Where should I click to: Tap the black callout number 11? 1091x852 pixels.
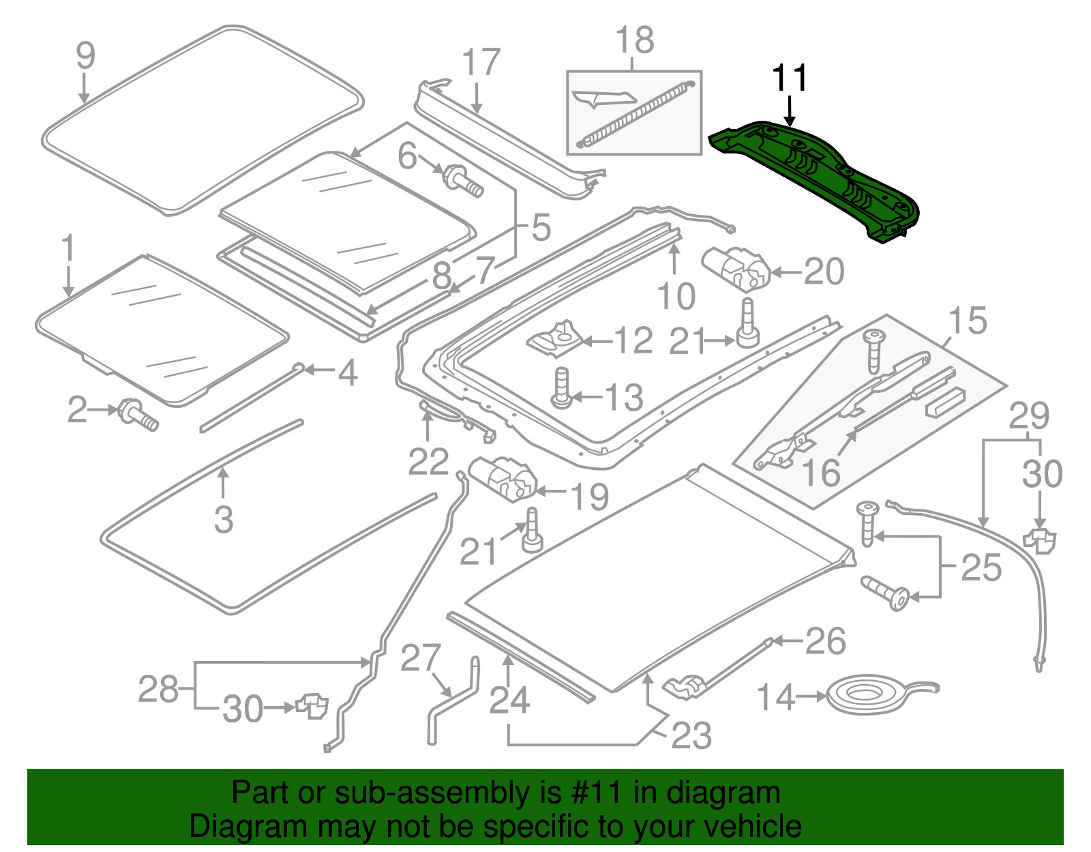pos(789,78)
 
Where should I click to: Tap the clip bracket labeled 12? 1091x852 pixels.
pos(557,340)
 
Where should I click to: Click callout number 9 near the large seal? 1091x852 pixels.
pos(85,56)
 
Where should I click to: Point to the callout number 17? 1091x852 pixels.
pos(481,63)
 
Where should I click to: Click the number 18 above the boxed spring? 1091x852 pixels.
pos(635,40)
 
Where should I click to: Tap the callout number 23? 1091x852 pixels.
pos(691,735)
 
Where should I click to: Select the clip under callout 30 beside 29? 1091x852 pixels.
pos(1040,540)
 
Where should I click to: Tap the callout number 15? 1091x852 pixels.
pos(967,321)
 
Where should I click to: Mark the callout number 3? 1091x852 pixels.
pos(224,520)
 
